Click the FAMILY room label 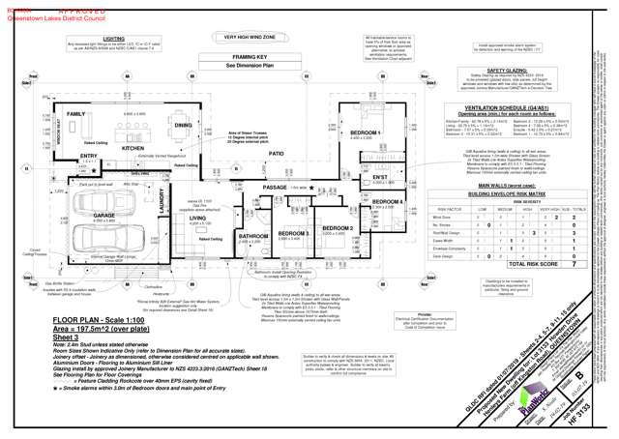pyautogui.click(x=75, y=113)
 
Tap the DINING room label pyautogui.click(x=183, y=126)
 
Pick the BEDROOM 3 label pyautogui.click(x=292, y=232)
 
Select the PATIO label pyautogui.click(x=277, y=153)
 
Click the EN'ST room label pyautogui.click(x=380, y=177)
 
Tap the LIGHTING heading pyautogui.click(x=113, y=39)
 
